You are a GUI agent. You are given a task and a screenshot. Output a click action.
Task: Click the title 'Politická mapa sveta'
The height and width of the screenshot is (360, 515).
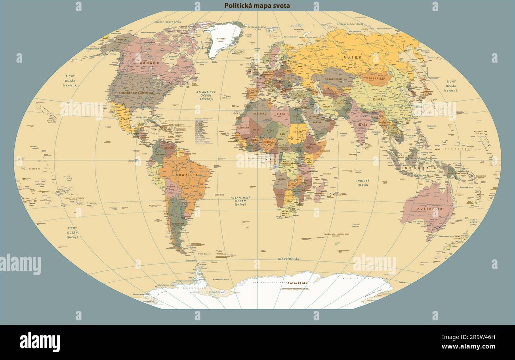coord(257,6)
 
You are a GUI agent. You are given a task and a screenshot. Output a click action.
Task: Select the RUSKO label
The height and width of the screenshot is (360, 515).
coord(353,57)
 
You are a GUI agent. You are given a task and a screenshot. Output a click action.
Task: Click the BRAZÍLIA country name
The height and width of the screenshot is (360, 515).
coord(187,174)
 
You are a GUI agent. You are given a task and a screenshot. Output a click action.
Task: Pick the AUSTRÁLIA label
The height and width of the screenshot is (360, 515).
coord(429,209)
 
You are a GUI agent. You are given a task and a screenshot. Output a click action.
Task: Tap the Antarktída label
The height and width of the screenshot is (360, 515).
coord(298,283)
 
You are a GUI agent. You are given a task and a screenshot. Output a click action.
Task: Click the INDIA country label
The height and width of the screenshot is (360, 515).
coord(362,125)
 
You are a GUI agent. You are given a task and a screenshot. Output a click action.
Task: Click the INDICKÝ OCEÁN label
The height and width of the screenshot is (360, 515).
coord(362,182)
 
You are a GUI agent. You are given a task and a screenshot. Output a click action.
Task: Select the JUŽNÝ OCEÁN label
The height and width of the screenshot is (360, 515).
coord(288,259)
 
